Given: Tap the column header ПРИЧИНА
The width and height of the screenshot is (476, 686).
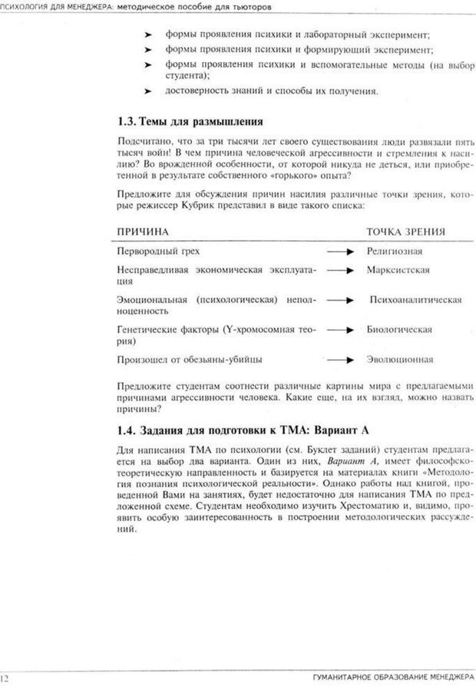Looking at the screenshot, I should coord(143,231).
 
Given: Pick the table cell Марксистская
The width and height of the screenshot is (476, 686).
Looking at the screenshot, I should coord(398,270).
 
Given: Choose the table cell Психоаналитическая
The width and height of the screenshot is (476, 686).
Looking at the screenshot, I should coord(415,300).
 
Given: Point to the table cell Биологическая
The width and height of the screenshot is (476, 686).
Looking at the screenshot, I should coord(399,329).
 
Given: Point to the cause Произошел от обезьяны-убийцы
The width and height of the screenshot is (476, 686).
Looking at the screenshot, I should coord(189,358).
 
